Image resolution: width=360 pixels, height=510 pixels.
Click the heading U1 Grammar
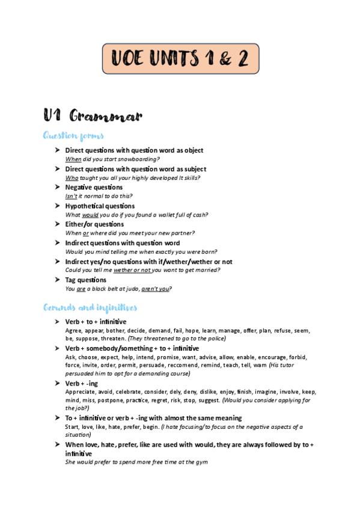pos(92,115)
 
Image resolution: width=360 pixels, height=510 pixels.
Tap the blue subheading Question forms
pos(74,135)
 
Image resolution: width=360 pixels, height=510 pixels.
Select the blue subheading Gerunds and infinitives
pos(90,307)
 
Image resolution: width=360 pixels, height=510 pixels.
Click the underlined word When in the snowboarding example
pos(73,159)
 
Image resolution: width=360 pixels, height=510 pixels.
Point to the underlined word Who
pos(72,178)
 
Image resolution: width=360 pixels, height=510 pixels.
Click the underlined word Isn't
pos(72,196)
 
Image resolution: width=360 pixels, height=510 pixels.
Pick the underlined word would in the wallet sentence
pos(90,215)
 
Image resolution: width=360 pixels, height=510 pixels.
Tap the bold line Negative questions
pos(94,188)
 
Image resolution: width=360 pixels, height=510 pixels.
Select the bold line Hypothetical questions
pos(100,206)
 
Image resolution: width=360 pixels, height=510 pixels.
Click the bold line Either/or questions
pos(94,224)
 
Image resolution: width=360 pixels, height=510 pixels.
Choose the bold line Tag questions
pos(85,280)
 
